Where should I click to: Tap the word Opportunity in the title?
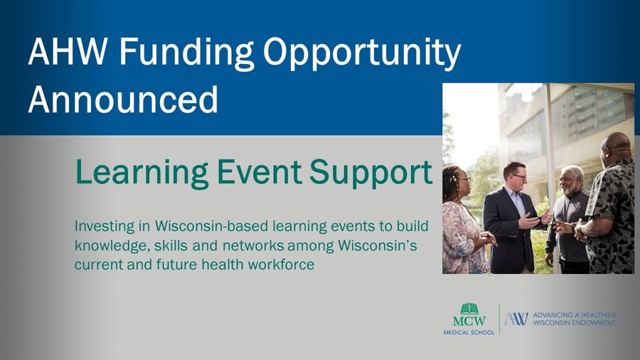point(362,53)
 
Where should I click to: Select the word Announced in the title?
point(123,99)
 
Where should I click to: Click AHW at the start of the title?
point(68,51)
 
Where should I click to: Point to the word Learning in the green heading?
point(142,173)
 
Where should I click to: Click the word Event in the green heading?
point(259,171)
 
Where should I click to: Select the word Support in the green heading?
point(370,173)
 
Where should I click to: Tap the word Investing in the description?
point(104,226)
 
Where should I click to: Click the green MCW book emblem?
point(469,309)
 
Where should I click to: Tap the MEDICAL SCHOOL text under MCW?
point(469,333)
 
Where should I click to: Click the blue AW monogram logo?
point(516,319)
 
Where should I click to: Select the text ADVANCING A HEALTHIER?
point(575,315)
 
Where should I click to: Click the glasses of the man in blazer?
point(519,176)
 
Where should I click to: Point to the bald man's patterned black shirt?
point(611,216)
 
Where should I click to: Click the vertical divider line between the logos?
point(500,319)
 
